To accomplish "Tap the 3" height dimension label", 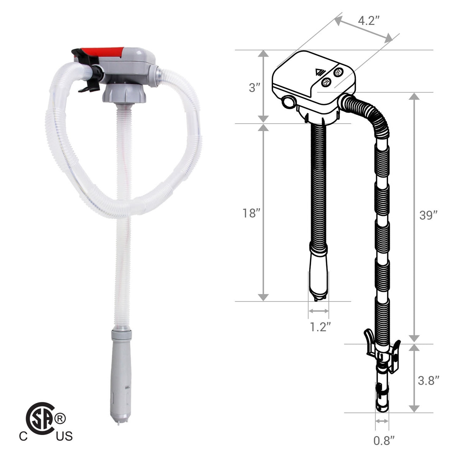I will tap(255, 88).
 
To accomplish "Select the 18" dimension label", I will tap(252, 214).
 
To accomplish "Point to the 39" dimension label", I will tap(428, 215).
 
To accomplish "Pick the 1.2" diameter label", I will tap(320, 327).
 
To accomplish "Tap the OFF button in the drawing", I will tap(338, 72).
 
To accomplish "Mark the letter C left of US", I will tap(24, 436).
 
